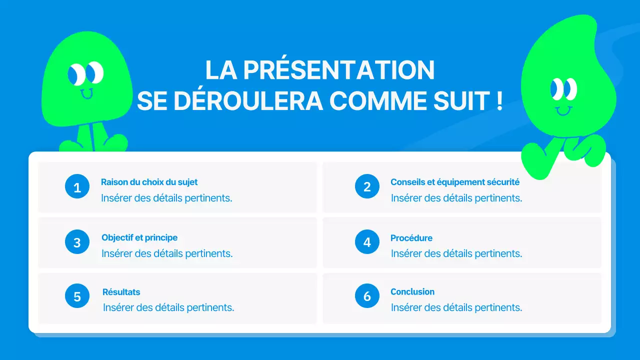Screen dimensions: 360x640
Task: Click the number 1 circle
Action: pos(77,187)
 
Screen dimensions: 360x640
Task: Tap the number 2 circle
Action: pos(367,187)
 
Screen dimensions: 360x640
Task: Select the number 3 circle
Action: pos(77,242)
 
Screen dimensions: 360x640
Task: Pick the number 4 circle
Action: pos(367,242)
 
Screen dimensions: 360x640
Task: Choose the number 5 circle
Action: pos(77,296)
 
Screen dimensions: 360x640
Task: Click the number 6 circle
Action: pos(367,296)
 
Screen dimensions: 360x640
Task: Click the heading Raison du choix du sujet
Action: pos(149,182)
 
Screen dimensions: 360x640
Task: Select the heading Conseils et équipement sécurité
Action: pos(454,182)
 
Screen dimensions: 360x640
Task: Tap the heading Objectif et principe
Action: pos(139,237)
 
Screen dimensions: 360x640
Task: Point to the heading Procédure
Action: pos(411,238)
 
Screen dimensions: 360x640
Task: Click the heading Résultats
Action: pos(121,292)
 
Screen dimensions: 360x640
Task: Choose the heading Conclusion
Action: pos(412,291)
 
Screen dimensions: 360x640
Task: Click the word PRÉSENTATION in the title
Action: pos(339,70)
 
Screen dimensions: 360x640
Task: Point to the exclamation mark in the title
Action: pos(499,101)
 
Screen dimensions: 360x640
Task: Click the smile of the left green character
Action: pos(86,93)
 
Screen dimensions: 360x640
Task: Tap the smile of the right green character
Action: pos(563,110)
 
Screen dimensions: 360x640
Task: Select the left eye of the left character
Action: pos(75,74)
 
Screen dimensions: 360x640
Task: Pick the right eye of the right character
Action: pos(570,89)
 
